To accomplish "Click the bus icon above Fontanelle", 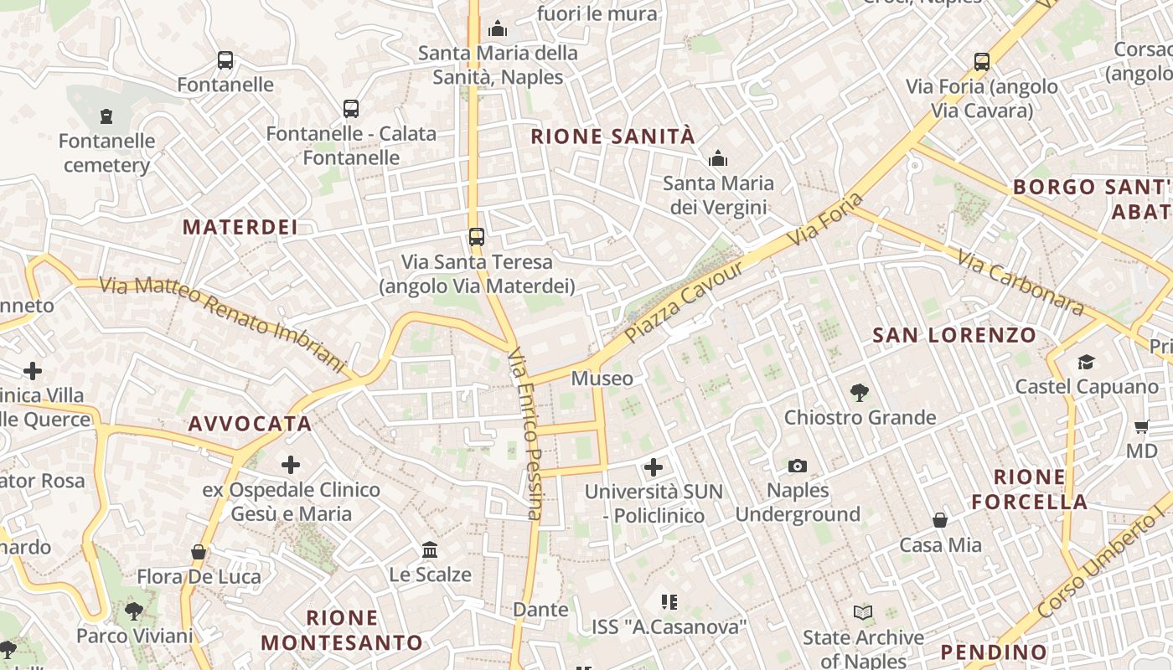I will [x=225, y=60].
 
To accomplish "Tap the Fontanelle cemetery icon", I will [x=106, y=116].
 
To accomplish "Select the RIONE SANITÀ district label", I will [x=613, y=137].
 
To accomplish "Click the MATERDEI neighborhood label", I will [x=240, y=227].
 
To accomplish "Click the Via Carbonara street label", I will [x=1021, y=284].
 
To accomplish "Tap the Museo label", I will [x=602, y=379].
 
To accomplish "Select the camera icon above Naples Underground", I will [x=798, y=466].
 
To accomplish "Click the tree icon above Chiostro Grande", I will [x=859, y=392].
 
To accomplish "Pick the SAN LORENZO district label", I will [x=954, y=336].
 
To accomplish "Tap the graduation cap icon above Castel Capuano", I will [x=1086, y=362].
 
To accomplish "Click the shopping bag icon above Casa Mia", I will [x=940, y=520].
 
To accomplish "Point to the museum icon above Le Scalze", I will [x=430, y=549].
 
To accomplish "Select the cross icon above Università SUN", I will [x=654, y=466].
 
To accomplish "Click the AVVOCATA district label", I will [x=250, y=424].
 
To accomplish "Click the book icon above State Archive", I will [x=863, y=612].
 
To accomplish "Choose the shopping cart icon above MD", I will [x=1141, y=427].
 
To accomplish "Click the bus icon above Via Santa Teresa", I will [x=476, y=237].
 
